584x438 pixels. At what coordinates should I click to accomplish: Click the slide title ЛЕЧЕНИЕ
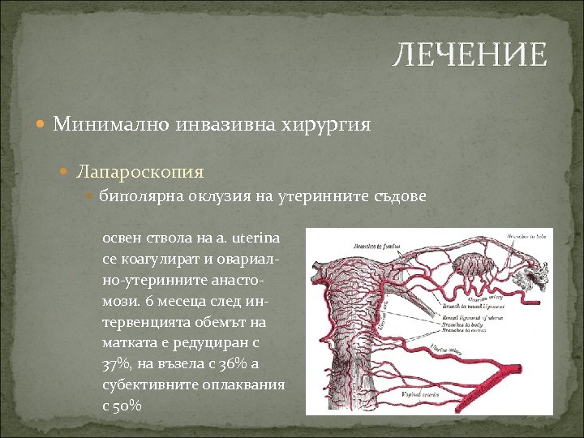pyautogui.click(x=470, y=55)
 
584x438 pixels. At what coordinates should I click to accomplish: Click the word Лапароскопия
pyautogui.click(x=140, y=172)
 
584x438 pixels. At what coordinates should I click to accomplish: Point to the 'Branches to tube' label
pyautogui.click(x=525, y=236)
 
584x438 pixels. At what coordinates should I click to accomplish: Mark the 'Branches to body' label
pyautogui.click(x=460, y=325)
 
